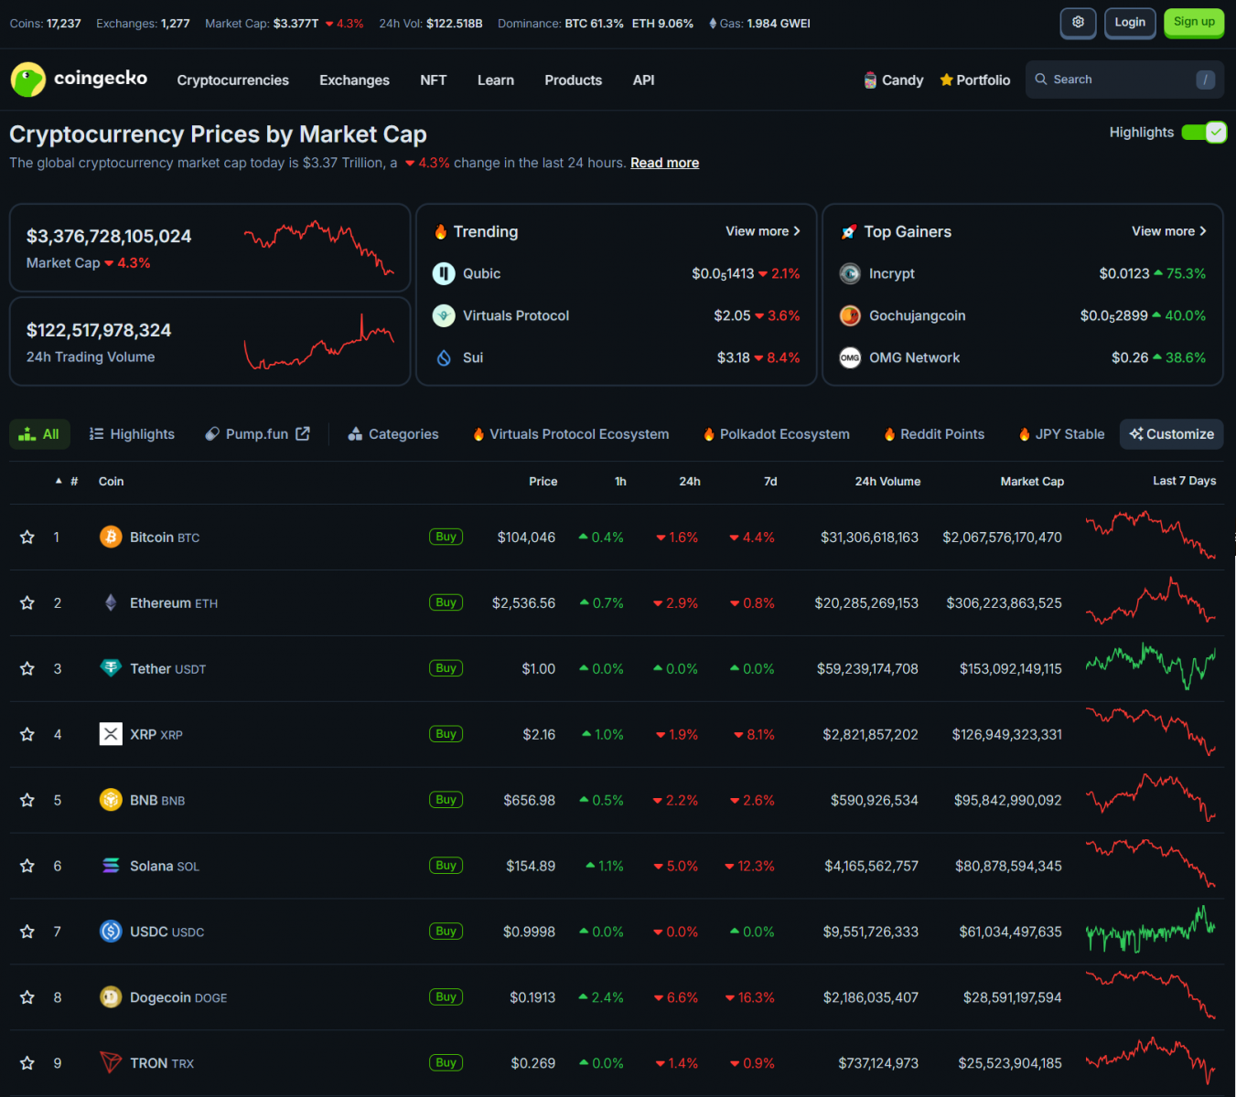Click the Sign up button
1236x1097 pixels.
[x=1194, y=23]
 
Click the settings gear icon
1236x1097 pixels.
[x=1078, y=23]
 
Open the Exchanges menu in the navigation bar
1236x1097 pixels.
[x=354, y=80]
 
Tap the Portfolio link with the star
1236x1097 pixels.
[x=975, y=80]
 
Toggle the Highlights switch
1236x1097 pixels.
[x=1204, y=133]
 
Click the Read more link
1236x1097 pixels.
[x=664, y=163]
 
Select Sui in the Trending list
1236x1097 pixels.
[x=472, y=357]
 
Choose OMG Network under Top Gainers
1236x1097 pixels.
[x=914, y=357]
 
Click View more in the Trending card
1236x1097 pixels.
[x=762, y=231]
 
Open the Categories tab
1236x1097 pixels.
[x=393, y=434]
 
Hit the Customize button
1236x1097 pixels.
[x=1171, y=434]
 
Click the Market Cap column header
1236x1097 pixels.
[x=1032, y=482]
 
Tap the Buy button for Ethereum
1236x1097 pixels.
[x=446, y=602]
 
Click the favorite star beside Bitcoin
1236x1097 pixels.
[x=27, y=538]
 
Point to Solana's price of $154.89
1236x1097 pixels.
[x=531, y=866]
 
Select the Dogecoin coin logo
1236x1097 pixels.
[x=111, y=997]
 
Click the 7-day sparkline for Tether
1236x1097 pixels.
[x=1150, y=668]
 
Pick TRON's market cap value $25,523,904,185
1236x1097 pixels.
[x=1010, y=1063]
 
